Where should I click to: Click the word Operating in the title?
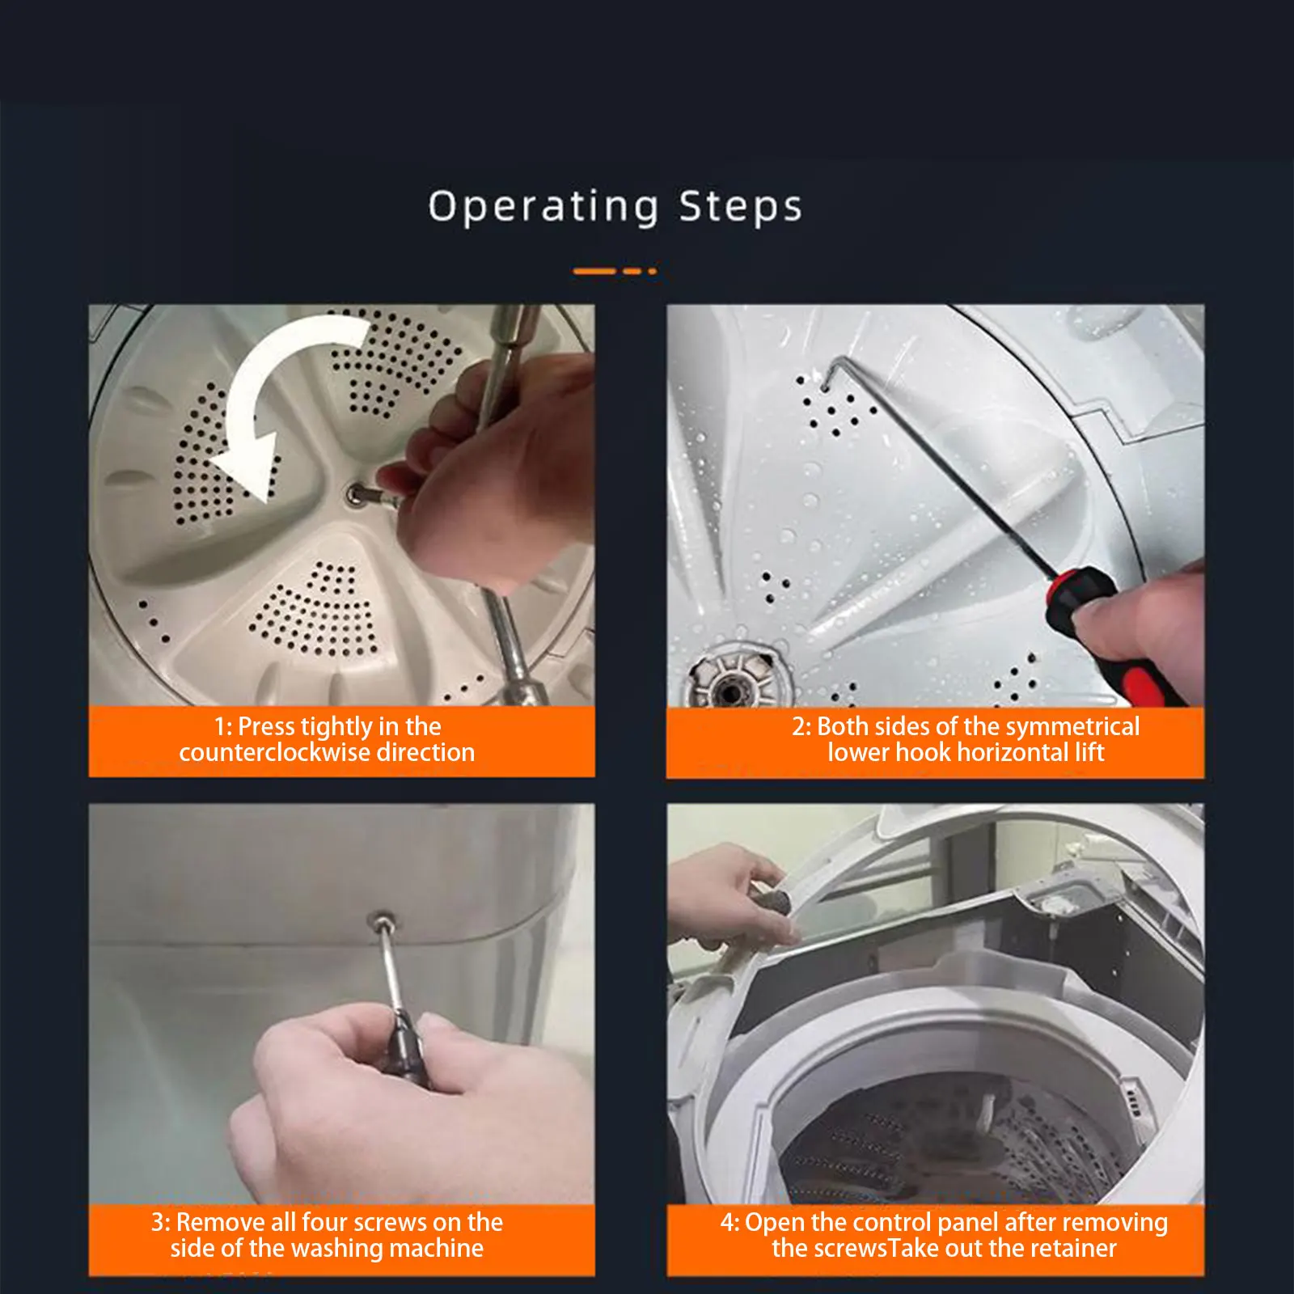coord(543,207)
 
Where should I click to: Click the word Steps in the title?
coord(740,207)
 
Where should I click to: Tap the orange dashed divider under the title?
coord(615,271)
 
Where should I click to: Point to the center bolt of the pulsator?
coord(357,494)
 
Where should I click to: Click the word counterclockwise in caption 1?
coord(274,753)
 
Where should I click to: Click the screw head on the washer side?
coord(381,920)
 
